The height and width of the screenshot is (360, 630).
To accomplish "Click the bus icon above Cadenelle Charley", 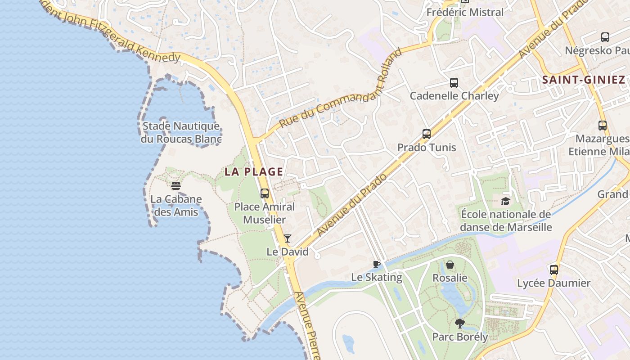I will coord(454,83).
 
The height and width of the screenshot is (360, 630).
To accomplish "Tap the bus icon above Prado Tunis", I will coord(426,134).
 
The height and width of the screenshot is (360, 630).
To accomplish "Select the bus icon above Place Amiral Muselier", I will coord(265,194).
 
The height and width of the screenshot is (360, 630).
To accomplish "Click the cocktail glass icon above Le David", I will coord(288,238).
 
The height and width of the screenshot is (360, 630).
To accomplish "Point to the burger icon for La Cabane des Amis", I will coord(176,185).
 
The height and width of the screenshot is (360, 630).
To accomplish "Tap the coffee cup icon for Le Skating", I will coord(377,264).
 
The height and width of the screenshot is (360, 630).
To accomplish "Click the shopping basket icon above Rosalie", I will coord(450,265).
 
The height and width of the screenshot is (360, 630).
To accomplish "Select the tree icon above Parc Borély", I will coord(459,323).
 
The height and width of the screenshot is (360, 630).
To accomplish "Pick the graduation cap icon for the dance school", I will coord(505,201).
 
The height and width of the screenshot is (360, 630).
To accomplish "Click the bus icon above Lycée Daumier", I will coord(553,270).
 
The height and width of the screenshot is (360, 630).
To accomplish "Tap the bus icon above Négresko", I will coord(605,37).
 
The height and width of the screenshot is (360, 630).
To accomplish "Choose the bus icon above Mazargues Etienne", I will coord(603,126).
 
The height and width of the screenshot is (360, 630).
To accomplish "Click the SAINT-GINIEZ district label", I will coord(584,80).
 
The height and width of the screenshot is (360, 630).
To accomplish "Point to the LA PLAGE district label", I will coord(254,171).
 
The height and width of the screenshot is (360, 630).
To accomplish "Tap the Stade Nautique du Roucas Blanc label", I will coord(181,132).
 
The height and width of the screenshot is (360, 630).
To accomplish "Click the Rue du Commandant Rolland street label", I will coord(340,88).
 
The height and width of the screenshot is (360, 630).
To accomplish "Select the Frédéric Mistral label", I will coord(465,12).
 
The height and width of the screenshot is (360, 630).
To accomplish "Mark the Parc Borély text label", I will coord(460,337).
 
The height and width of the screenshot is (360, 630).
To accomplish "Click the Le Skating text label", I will coord(377,277).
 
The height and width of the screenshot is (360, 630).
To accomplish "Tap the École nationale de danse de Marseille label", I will coord(506,220).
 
